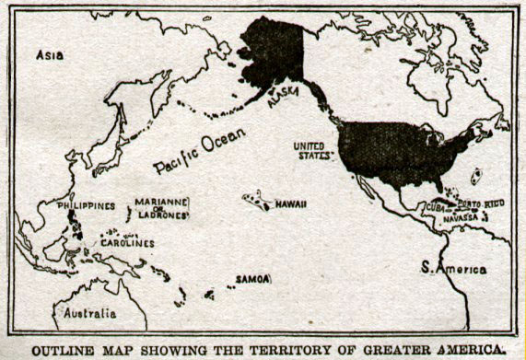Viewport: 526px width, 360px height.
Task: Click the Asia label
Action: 50,55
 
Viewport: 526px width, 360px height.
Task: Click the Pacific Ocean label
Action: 199,151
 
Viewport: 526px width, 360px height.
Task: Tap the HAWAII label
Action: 291,203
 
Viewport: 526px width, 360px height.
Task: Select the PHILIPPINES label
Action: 86,205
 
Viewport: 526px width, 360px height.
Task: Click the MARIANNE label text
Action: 161,202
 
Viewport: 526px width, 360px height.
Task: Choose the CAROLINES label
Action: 127,244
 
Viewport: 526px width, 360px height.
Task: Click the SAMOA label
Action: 251,278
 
